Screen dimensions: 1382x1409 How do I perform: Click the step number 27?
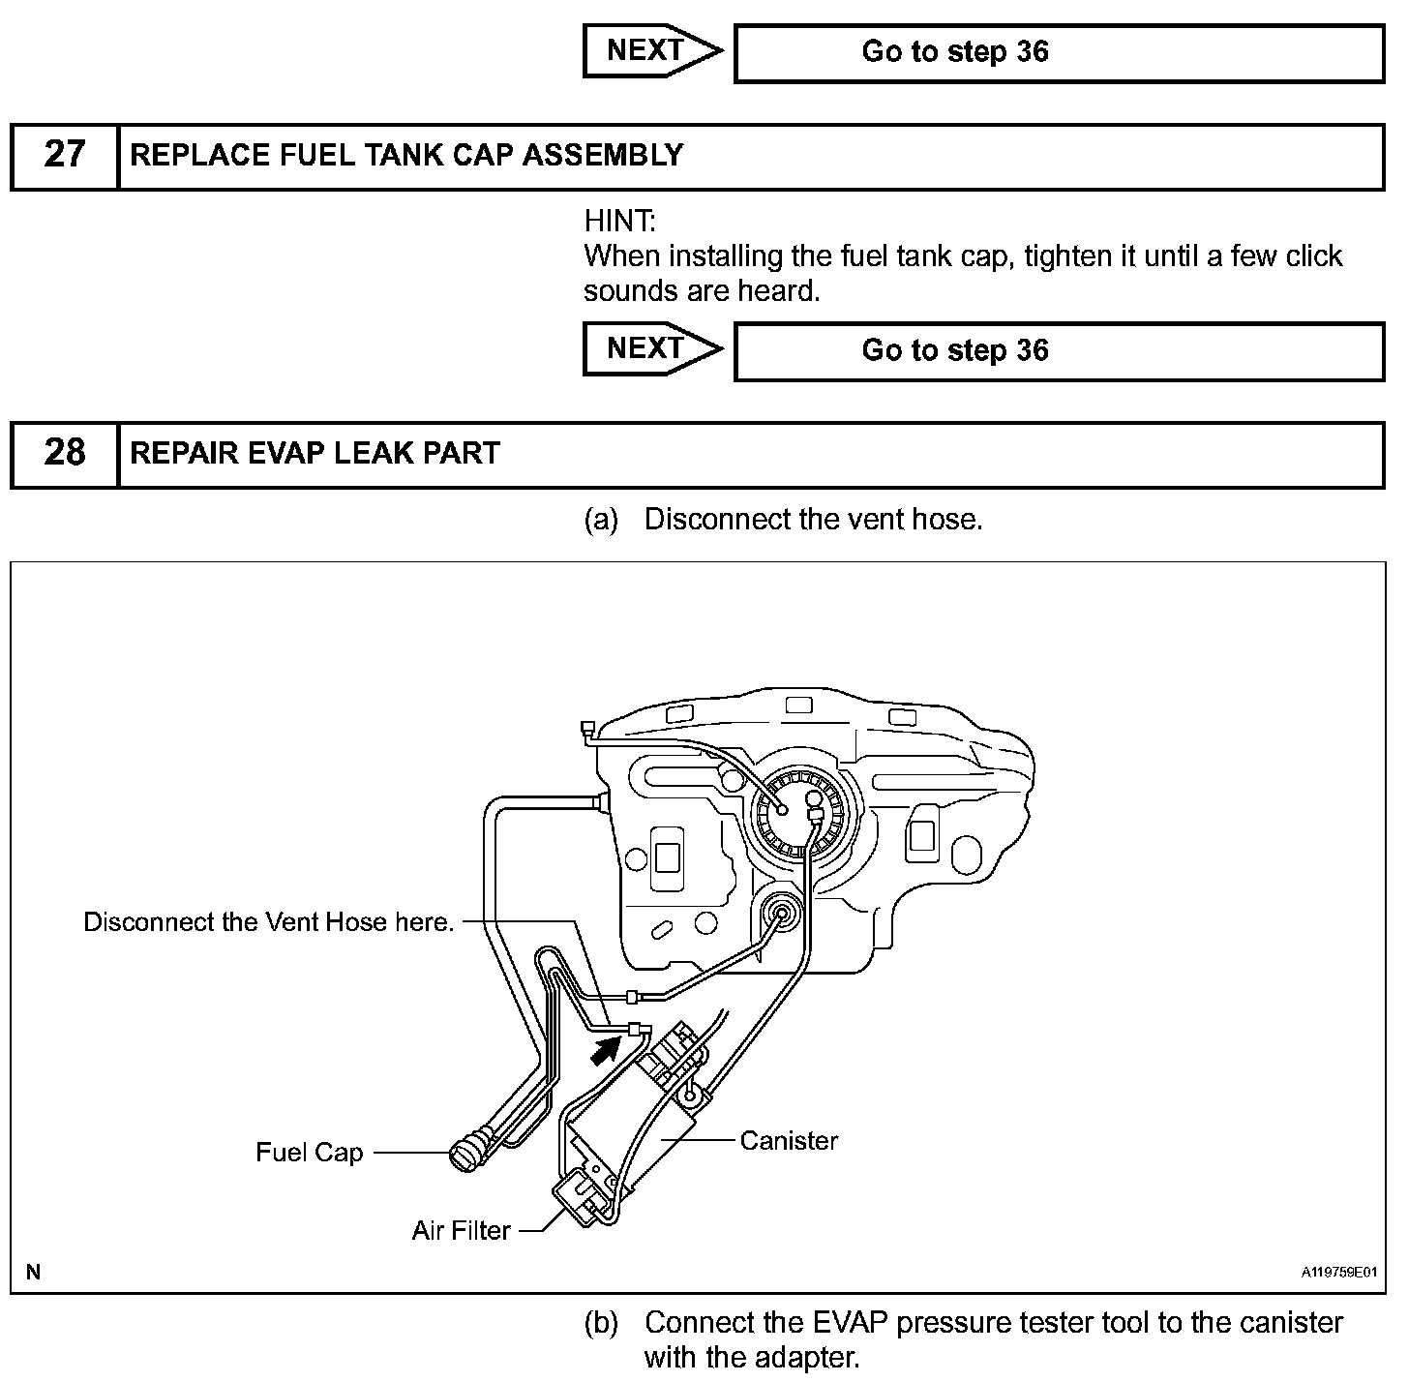[x=65, y=155]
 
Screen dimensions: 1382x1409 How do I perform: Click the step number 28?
[x=65, y=453]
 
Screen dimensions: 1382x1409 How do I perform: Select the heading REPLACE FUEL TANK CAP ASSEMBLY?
[x=406, y=155]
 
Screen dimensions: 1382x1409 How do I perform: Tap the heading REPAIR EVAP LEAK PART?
[x=315, y=453]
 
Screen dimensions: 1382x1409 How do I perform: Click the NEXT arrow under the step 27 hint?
[x=651, y=348]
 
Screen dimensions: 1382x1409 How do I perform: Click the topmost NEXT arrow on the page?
[x=651, y=50]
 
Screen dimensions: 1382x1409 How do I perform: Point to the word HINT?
[x=619, y=222]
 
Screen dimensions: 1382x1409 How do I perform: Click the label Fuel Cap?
[x=309, y=1152]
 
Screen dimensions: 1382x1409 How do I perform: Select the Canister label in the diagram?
[x=789, y=1140]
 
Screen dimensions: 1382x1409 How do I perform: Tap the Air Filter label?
[x=461, y=1230]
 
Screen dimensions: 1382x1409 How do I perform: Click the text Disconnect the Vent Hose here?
[x=269, y=921]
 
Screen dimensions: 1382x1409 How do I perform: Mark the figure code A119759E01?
[x=1338, y=1273]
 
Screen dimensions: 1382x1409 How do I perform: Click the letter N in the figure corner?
[x=33, y=1272]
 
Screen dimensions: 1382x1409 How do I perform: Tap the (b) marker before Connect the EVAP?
[x=601, y=1323]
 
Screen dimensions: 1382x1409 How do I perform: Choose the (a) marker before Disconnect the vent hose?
[x=601, y=520]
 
